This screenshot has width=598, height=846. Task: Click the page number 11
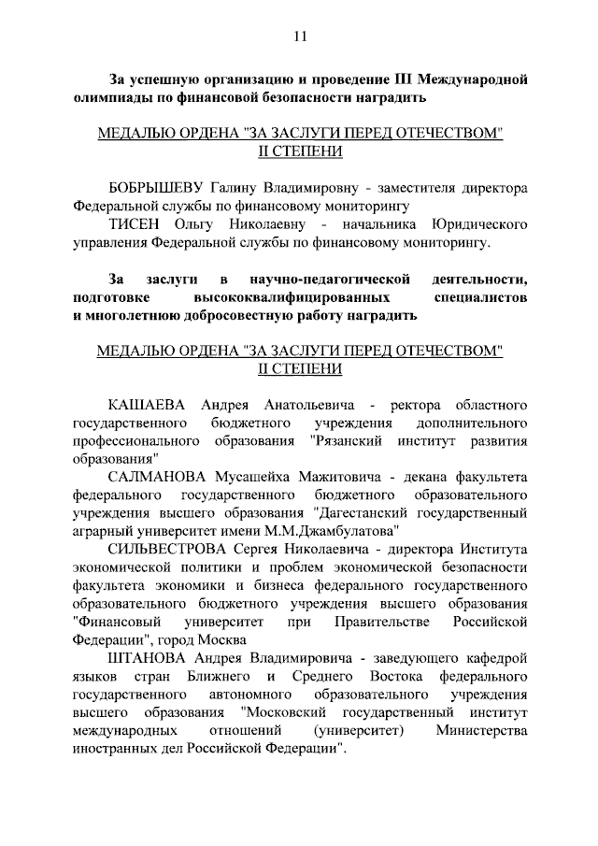pos(300,36)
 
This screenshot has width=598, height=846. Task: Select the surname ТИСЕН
pos(137,224)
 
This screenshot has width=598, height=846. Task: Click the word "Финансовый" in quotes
pos(121,621)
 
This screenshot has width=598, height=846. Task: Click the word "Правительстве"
pos(379,621)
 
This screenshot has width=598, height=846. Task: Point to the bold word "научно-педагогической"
pos(331,279)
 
